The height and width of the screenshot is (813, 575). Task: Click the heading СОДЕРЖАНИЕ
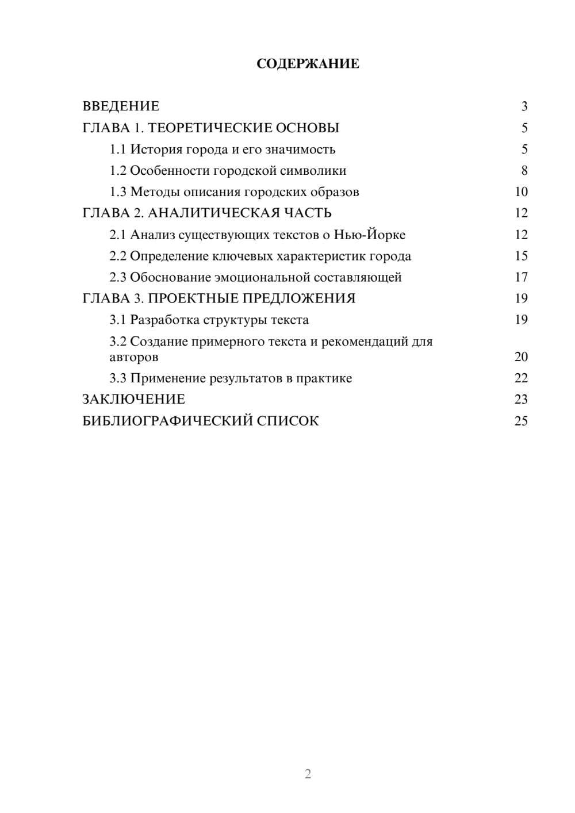pyautogui.click(x=308, y=64)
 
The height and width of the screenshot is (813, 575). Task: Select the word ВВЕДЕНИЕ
pyautogui.click(x=121, y=106)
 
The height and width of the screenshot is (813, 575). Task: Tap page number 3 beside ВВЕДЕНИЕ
pyautogui.click(x=524, y=106)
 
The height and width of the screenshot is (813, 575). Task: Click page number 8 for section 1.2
pyautogui.click(x=524, y=171)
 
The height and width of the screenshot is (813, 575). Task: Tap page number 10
pyautogui.click(x=521, y=192)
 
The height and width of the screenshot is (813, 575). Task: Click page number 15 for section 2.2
pyautogui.click(x=521, y=256)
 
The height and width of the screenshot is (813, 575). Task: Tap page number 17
pyautogui.click(x=521, y=277)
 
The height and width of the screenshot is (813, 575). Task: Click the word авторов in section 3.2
pyautogui.click(x=134, y=357)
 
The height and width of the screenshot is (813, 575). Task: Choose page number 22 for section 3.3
pyautogui.click(x=521, y=378)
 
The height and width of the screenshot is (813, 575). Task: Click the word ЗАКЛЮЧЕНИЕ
pyautogui.click(x=133, y=400)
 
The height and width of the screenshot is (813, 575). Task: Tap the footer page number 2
pyautogui.click(x=308, y=774)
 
